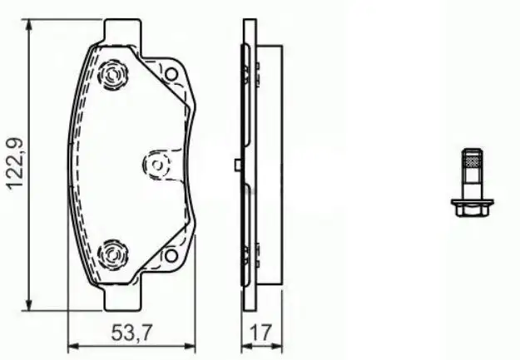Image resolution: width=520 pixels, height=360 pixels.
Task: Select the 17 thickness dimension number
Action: [262, 334]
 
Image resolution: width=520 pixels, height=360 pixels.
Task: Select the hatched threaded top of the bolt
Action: [472, 160]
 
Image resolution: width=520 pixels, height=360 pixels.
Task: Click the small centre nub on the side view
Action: [238, 165]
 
